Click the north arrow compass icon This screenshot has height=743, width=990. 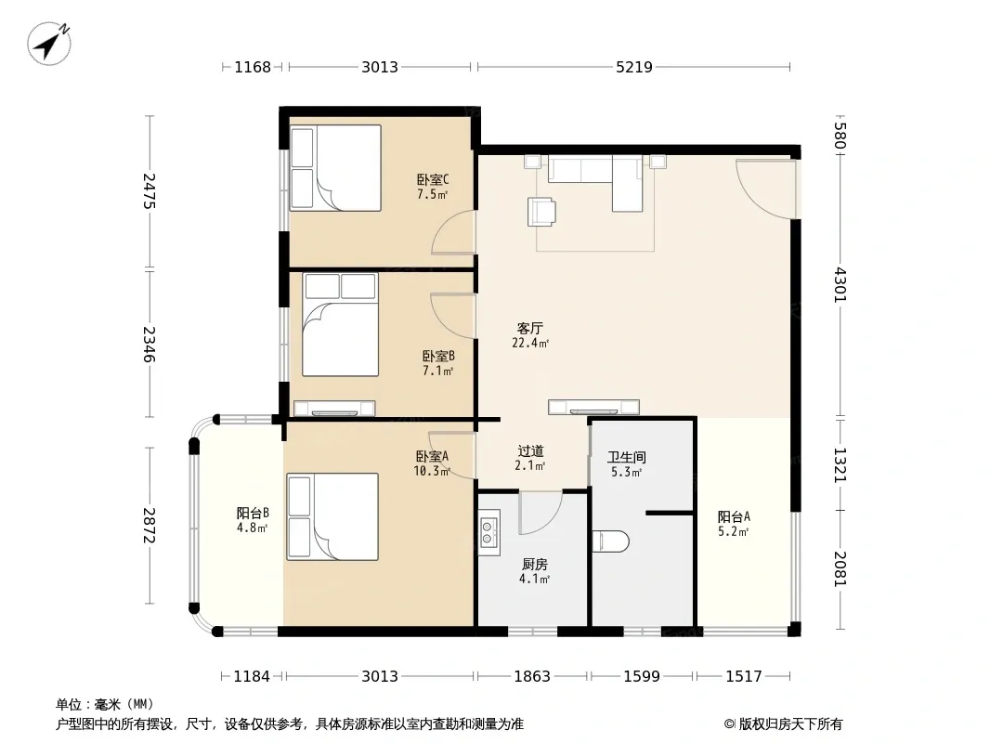coord(49,44)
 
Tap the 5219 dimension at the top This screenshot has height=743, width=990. coord(634,67)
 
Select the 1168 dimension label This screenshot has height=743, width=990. coord(253,67)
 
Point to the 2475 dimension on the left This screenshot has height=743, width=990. coord(149,191)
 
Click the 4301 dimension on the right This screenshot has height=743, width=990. coord(840,285)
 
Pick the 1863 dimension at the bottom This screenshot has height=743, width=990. coord(532,677)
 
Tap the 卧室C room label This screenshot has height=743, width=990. coord(433,180)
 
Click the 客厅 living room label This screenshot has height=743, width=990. coord(529,328)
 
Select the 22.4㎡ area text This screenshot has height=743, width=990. coord(530,344)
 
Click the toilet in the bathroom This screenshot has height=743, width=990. coord(611,541)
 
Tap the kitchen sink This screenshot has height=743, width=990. coord(488,532)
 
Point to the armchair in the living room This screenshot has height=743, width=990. coord(541,212)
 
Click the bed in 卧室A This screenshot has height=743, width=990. coord(332,517)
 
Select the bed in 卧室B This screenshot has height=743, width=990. coord(340,324)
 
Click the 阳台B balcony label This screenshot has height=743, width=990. coord(254,514)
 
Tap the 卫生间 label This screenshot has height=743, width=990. coord(626,457)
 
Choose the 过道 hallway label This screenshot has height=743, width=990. coord(530,451)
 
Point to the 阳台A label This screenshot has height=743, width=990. coord(734,517)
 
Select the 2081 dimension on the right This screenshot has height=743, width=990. coord(840,568)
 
